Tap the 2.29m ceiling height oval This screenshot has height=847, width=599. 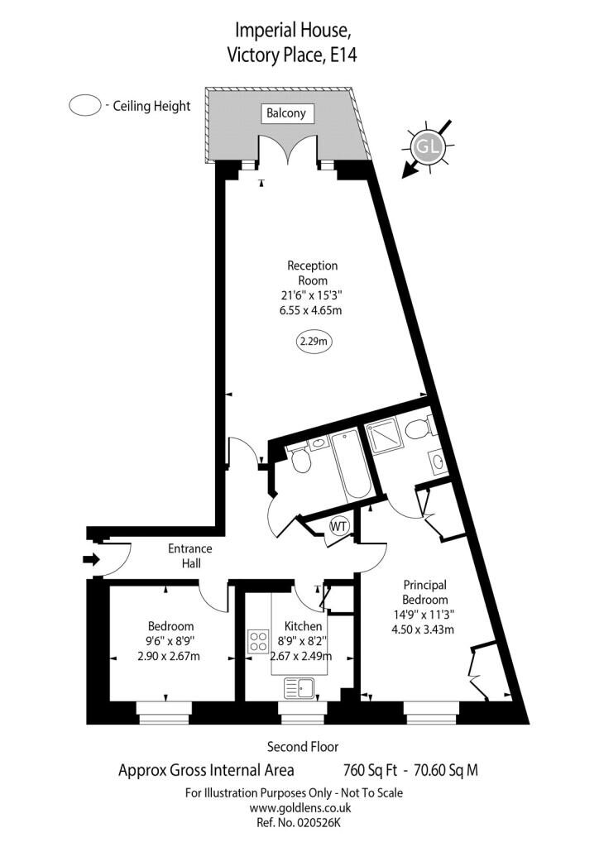314,342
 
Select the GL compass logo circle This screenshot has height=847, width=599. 428,146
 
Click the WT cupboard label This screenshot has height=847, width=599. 338,525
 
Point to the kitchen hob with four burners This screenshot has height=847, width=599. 259,641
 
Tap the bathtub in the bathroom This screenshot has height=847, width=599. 351,465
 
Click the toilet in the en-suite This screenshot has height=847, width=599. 420,428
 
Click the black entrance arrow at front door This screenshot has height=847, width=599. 91,559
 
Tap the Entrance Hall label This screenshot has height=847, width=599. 190,556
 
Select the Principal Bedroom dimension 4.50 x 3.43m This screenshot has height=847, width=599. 423,629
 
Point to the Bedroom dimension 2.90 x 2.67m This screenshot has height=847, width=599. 170,656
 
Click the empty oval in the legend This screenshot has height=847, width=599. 84,105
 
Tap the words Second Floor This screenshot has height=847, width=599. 303,747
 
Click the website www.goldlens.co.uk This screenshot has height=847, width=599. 300,808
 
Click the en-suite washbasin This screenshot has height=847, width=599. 438,462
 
